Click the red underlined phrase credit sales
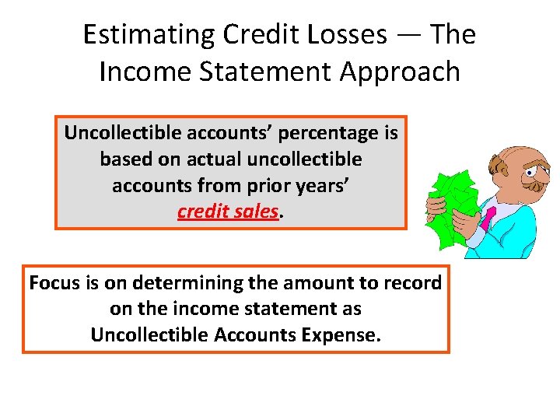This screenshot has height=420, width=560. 228,212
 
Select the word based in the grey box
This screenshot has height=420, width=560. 124,159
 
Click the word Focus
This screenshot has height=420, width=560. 54,283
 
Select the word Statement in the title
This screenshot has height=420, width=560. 252,72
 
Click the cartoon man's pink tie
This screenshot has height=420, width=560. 488,218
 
